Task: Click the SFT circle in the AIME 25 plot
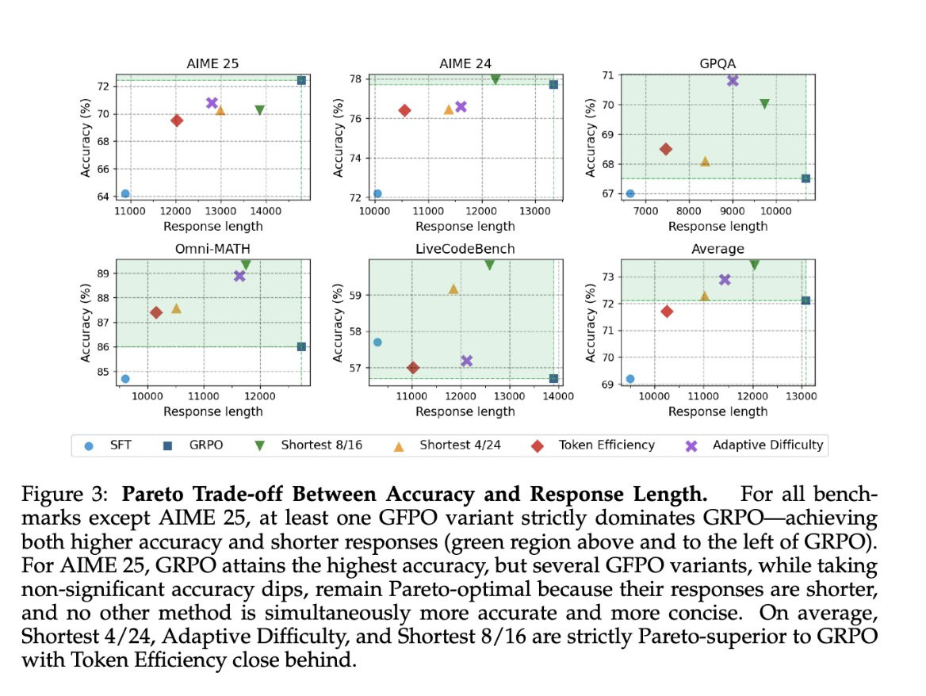tap(125, 193)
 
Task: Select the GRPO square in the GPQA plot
tap(805, 178)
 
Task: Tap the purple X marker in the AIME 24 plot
tap(461, 106)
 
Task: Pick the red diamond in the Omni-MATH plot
tap(156, 312)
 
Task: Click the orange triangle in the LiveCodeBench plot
tap(453, 289)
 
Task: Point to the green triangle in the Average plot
tap(754, 265)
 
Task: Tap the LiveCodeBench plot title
tap(465, 249)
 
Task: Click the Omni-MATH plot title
tap(212, 249)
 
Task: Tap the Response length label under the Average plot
tap(717, 411)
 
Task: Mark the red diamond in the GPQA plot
tap(666, 149)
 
